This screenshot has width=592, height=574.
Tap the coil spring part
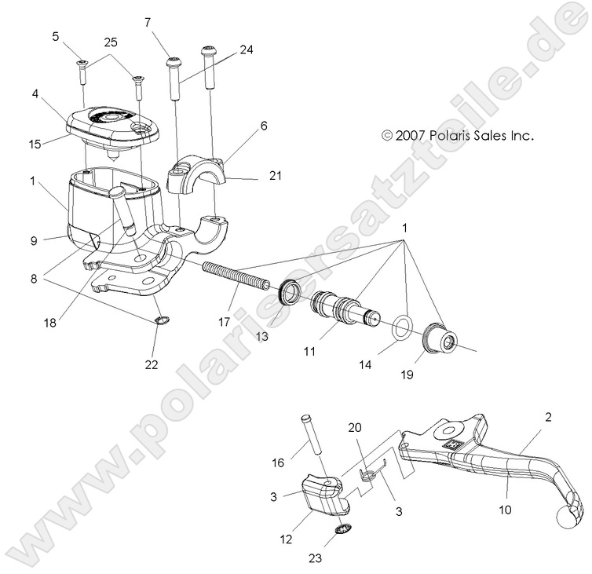pos(236,276)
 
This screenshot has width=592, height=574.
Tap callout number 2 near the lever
pos(547,417)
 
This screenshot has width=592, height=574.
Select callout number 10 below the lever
pos(504,510)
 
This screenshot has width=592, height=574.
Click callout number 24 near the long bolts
pos(247,49)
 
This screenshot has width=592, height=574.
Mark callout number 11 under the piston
pos(309,352)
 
